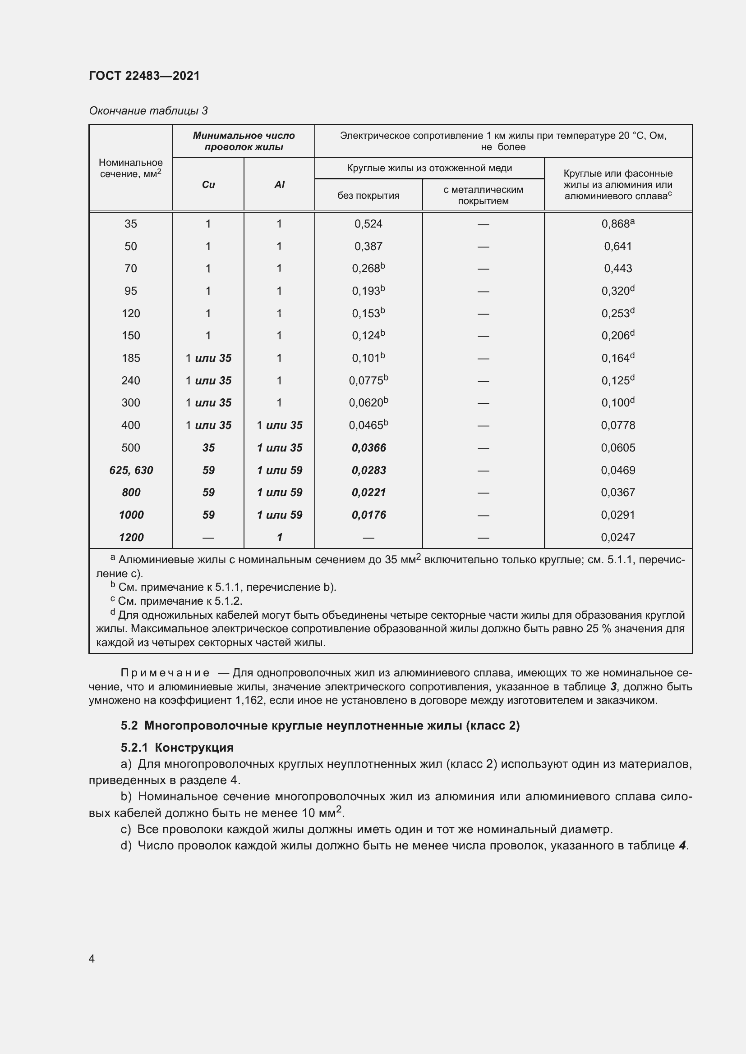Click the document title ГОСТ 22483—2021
144,76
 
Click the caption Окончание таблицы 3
148,111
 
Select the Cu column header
208,185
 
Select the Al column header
279,185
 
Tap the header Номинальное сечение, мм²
131,168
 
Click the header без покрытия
368,196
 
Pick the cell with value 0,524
368,224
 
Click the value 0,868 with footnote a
617,224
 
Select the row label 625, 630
131,470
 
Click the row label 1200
131,537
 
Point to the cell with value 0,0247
618,537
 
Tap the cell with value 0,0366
368,447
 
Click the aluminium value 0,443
618,269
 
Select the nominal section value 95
131,291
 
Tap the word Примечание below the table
165,673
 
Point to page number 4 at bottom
92,958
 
